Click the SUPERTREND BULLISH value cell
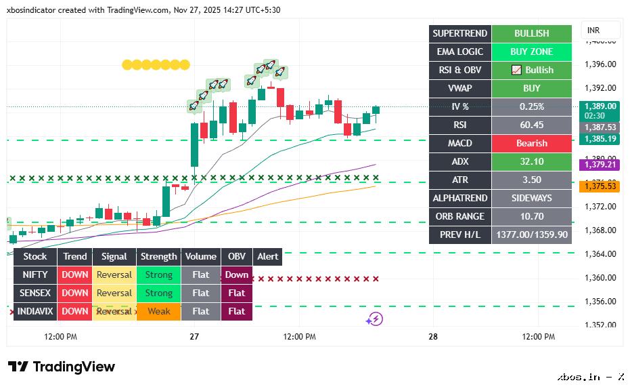point(531,33)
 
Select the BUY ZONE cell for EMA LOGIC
point(531,52)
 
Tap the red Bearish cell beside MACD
point(531,143)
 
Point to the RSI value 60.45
point(531,125)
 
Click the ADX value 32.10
point(531,161)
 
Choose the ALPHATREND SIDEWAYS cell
point(531,198)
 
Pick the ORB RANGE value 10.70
point(531,216)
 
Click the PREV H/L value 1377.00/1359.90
point(531,235)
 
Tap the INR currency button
point(593,30)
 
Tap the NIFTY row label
point(35,274)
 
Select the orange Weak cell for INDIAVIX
point(159,311)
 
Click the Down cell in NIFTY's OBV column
point(237,274)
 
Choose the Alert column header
point(268,256)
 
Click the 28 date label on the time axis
point(433,337)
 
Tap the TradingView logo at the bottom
point(62,367)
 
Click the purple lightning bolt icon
point(375,319)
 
